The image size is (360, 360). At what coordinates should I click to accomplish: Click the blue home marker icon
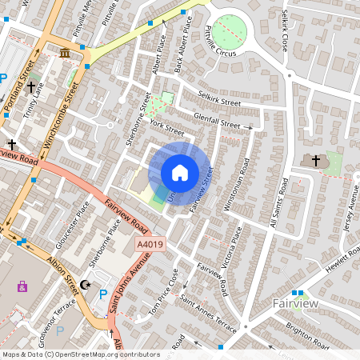[180, 172]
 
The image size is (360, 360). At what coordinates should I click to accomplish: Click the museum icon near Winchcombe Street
[64, 53]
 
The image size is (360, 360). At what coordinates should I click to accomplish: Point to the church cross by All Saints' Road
[315, 161]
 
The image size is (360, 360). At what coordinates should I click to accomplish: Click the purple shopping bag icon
[22, 286]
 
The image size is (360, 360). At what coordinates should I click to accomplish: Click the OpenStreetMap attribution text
[80, 354]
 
